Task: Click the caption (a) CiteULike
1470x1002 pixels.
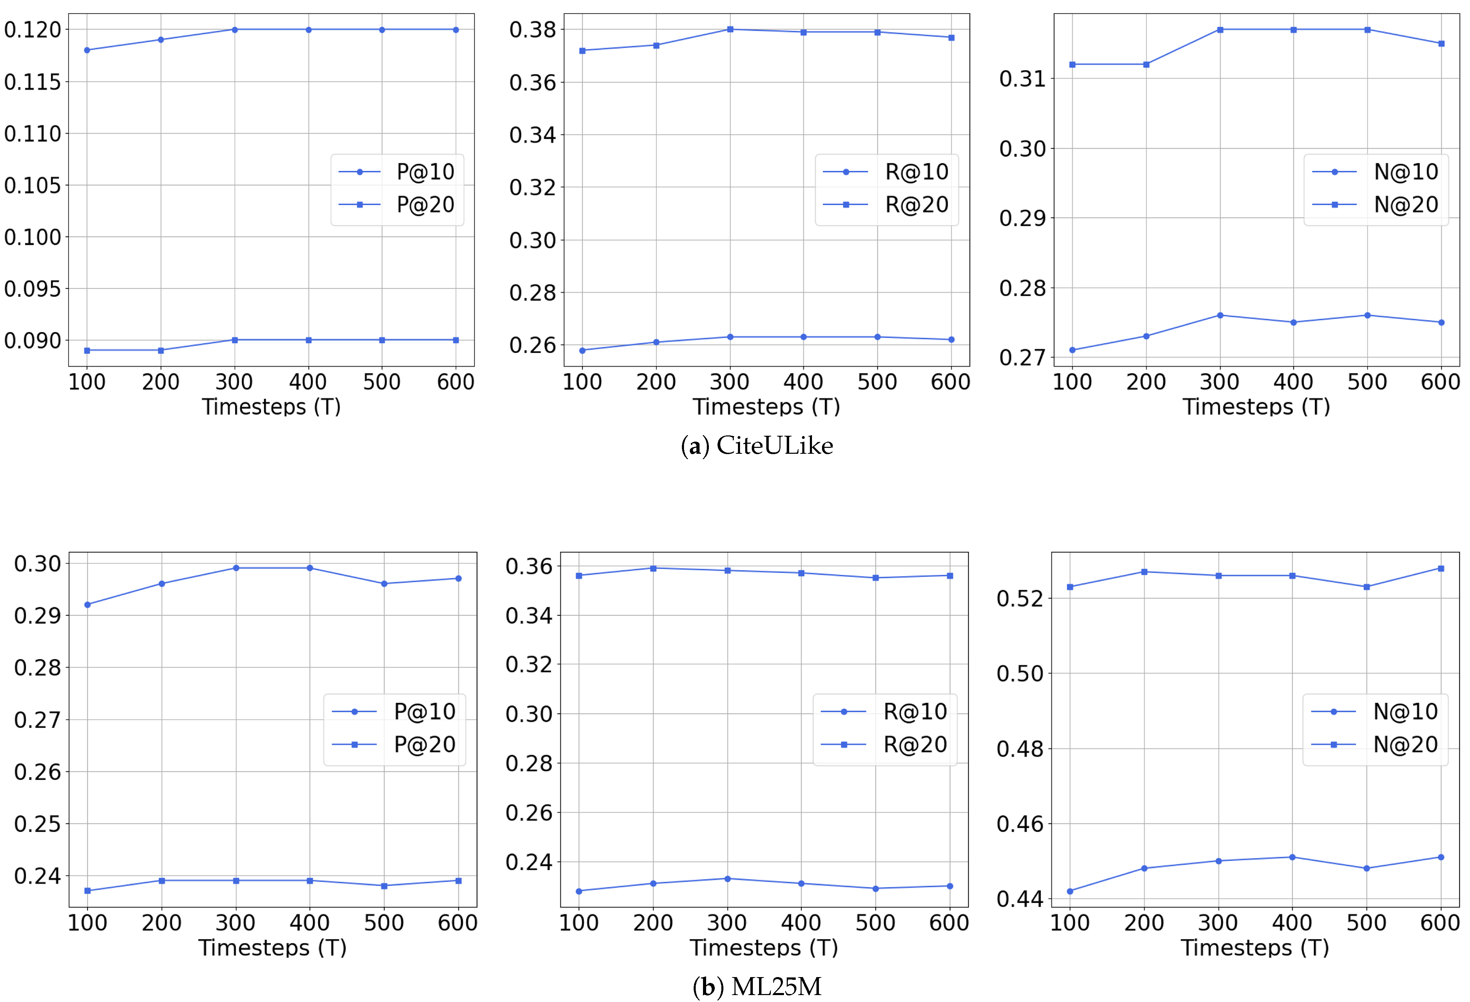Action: [x=757, y=445]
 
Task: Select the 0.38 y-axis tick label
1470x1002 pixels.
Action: [x=532, y=30]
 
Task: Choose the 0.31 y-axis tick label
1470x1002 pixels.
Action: [x=1022, y=79]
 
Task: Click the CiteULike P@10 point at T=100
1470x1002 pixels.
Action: [x=86, y=50]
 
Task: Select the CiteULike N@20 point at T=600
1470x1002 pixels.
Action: [x=1442, y=44]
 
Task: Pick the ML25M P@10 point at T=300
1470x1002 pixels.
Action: [x=236, y=568]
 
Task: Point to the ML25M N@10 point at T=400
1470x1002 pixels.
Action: [x=1292, y=857]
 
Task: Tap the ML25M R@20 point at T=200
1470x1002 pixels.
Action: [x=654, y=568]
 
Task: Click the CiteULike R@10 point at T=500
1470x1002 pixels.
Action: [x=877, y=337]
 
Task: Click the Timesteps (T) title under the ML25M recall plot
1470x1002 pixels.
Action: [x=764, y=948]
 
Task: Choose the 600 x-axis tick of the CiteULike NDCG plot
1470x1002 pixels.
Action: [x=1440, y=382]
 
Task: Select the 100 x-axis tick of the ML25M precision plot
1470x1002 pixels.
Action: [x=87, y=922]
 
